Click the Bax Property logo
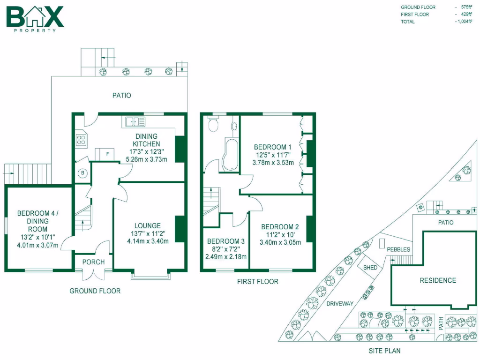[x=34, y=19]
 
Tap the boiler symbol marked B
[x=83, y=173]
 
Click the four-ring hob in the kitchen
[x=81, y=139]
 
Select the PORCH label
[x=93, y=262]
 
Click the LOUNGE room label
[x=148, y=225]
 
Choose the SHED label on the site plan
[x=370, y=267]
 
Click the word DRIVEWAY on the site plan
[x=340, y=303]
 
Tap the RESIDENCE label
[x=438, y=280]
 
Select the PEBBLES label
[x=398, y=249]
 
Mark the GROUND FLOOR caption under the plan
[x=95, y=291]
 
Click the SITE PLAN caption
[x=384, y=350]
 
